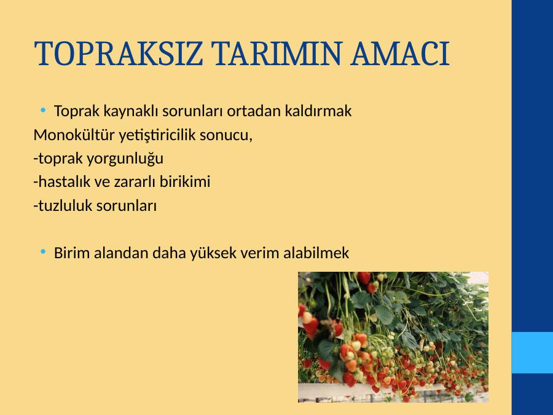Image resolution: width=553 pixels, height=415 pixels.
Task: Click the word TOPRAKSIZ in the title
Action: point(119,53)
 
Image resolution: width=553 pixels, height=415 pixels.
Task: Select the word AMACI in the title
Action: point(400,53)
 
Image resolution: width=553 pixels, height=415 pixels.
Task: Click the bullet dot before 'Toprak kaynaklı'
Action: point(43,110)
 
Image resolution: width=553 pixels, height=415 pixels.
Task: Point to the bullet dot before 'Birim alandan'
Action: point(43,252)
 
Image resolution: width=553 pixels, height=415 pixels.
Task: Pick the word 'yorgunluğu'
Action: point(125,159)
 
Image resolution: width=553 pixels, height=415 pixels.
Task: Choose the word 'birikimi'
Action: point(185,182)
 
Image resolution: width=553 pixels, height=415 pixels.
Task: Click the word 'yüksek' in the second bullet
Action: point(213,253)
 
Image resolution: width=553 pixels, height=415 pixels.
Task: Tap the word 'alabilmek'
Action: point(316,253)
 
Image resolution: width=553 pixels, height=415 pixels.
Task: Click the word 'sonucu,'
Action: point(226,135)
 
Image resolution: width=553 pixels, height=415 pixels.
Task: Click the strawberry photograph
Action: point(393,337)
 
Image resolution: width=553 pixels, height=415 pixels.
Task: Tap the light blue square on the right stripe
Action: point(532,352)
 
